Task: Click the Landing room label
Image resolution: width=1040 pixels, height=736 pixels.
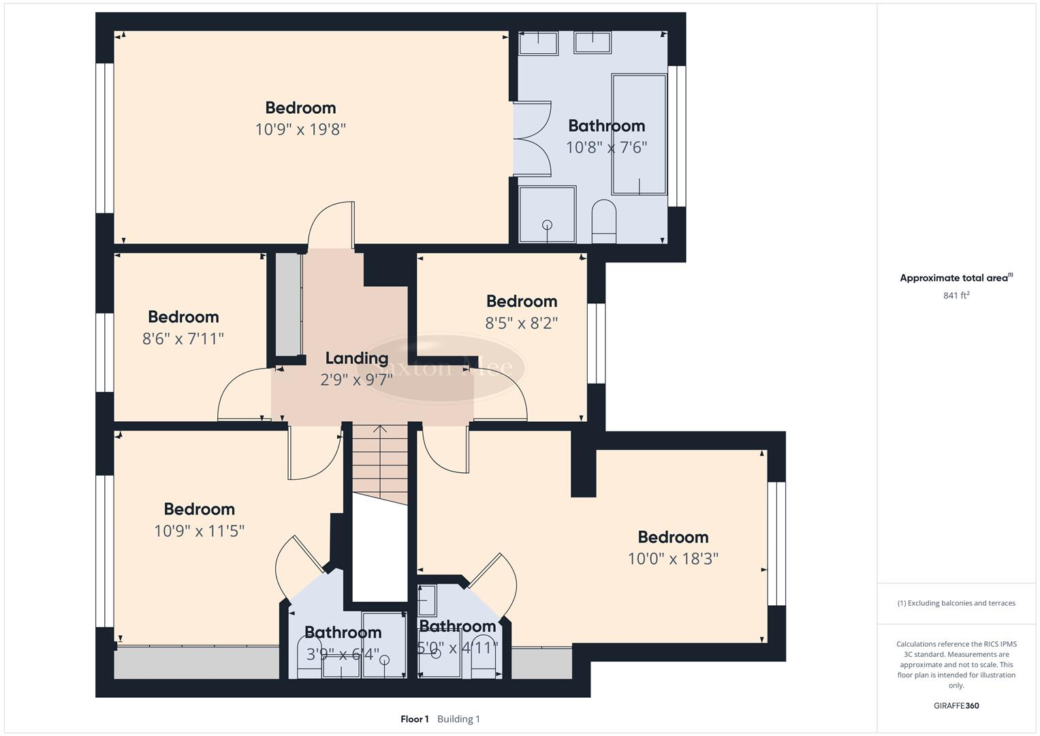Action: pos(356,358)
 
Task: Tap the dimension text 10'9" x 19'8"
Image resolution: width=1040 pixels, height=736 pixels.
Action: pos(300,129)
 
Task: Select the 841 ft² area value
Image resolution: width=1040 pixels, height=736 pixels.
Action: pos(956,295)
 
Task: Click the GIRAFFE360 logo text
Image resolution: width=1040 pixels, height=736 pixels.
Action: pos(956,705)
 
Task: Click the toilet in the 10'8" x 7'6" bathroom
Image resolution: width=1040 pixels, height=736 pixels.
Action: pos(603,220)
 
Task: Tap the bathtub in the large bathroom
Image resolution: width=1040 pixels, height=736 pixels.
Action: pos(639,134)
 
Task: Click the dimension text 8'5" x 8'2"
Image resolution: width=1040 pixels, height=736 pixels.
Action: pos(521,323)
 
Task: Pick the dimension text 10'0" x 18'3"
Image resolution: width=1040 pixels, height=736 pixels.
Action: pos(673,559)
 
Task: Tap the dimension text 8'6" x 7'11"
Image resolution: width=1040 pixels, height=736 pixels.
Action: pos(183,339)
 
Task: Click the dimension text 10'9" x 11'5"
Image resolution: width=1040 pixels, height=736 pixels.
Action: pos(199,531)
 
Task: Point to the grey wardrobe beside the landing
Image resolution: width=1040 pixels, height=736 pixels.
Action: pos(288,304)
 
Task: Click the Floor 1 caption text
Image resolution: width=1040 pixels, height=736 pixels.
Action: pos(414,719)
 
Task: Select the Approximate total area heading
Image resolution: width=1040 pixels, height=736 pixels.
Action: pos(956,278)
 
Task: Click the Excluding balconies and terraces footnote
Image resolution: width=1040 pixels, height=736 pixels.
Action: pos(956,603)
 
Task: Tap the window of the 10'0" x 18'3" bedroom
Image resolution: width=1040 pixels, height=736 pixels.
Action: pos(776,543)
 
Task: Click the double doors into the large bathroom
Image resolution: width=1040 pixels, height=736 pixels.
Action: pos(532,139)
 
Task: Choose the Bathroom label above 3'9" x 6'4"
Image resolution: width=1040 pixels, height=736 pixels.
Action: pos(343,632)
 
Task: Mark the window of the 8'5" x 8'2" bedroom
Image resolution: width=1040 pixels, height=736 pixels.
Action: pos(596,343)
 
